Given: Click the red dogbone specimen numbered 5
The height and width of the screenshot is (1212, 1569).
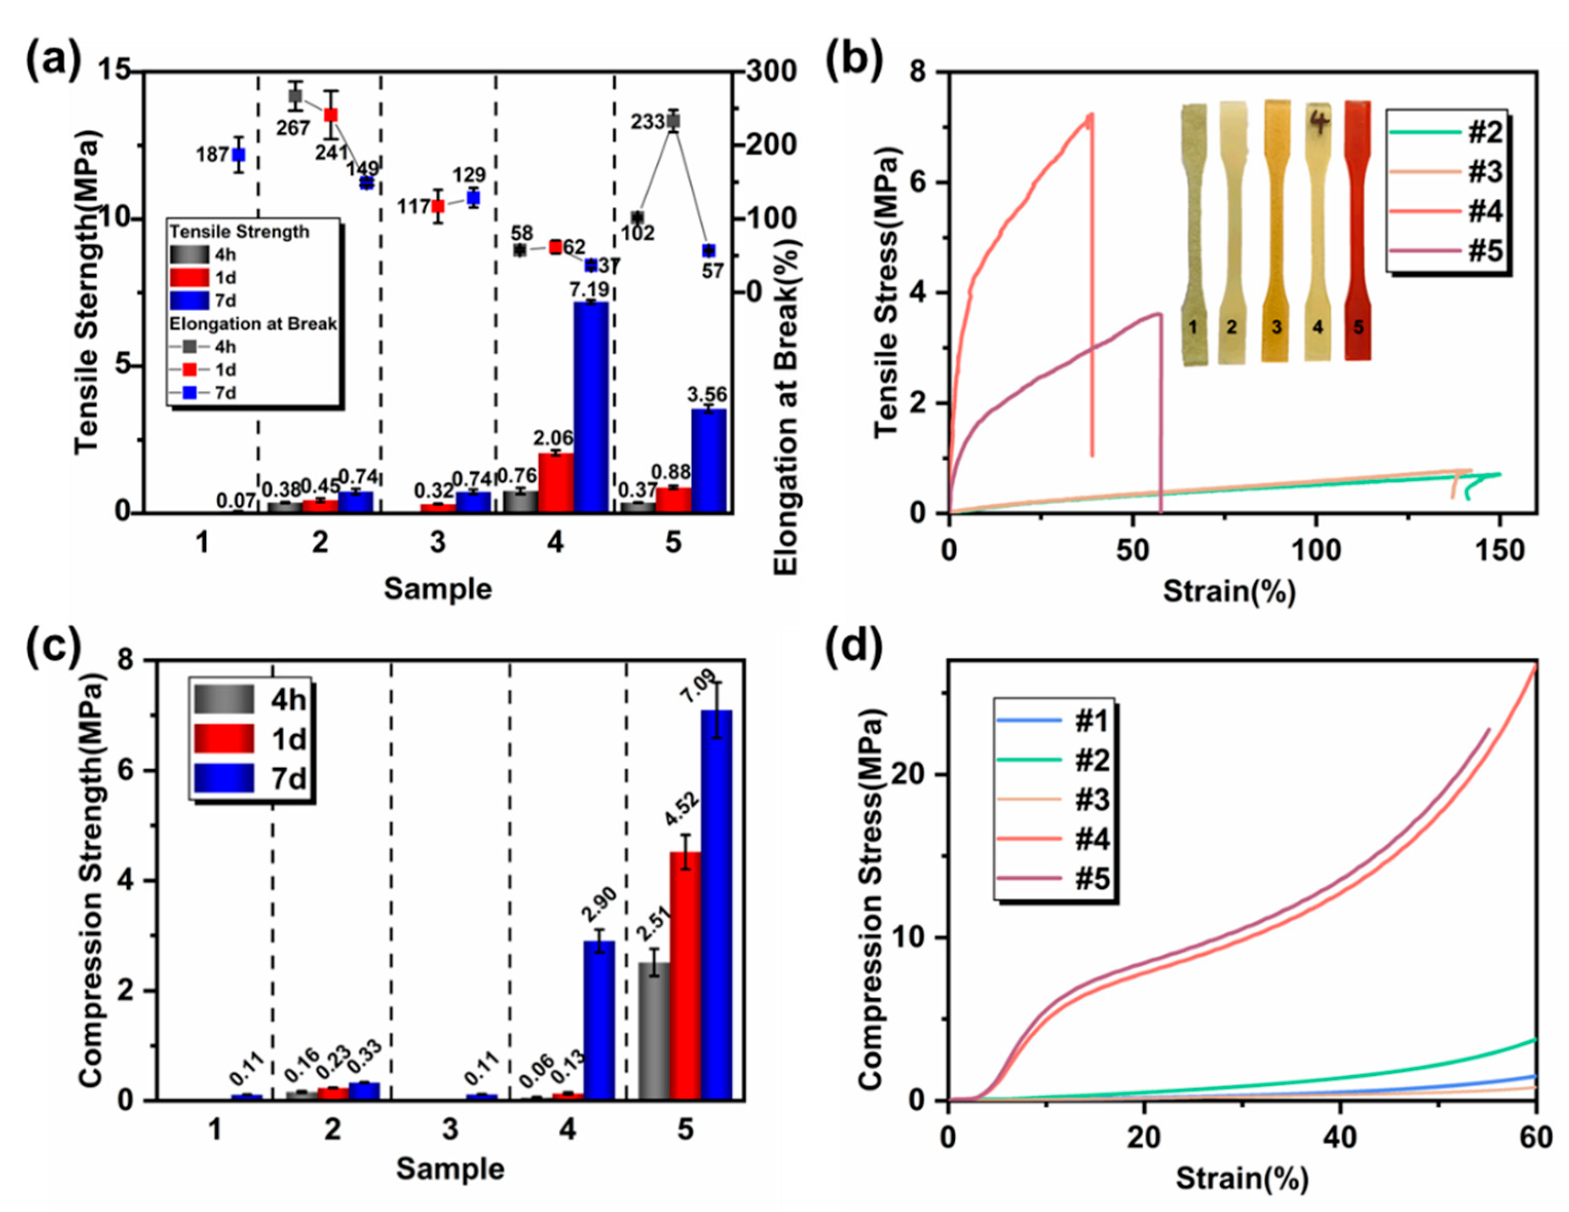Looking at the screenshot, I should coord(1357,230).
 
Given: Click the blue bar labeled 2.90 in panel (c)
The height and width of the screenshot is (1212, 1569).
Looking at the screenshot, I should coord(598,1020).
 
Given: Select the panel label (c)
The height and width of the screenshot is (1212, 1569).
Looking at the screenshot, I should coord(54,646).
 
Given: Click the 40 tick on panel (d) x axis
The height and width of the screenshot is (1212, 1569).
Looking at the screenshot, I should coord(1340,1138).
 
